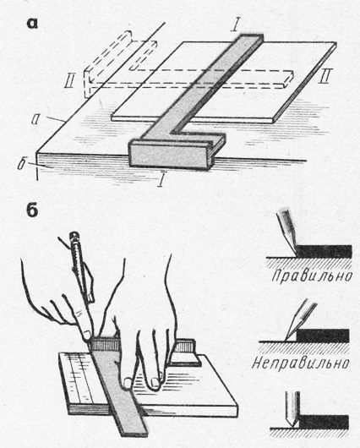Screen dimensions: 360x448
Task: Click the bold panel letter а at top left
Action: pos(32,24)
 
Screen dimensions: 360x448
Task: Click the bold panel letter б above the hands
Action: pos(32,210)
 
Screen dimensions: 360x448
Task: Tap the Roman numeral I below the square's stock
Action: pos(162,180)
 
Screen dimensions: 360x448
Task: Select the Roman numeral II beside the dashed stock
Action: pos(69,82)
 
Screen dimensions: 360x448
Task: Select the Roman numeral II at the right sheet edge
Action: pos(325,76)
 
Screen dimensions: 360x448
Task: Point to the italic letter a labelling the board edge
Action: pos(35,120)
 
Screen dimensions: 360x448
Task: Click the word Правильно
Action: pos(312,276)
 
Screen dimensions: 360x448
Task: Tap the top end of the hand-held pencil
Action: pos(74,235)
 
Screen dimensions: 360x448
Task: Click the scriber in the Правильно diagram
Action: pos(288,232)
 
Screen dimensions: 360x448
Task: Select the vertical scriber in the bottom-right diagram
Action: pos(292,409)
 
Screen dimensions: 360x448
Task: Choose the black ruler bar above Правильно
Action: pos(324,251)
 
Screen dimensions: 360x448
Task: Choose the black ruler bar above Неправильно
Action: pos(323,336)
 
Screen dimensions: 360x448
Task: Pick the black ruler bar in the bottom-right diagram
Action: pos(324,423)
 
